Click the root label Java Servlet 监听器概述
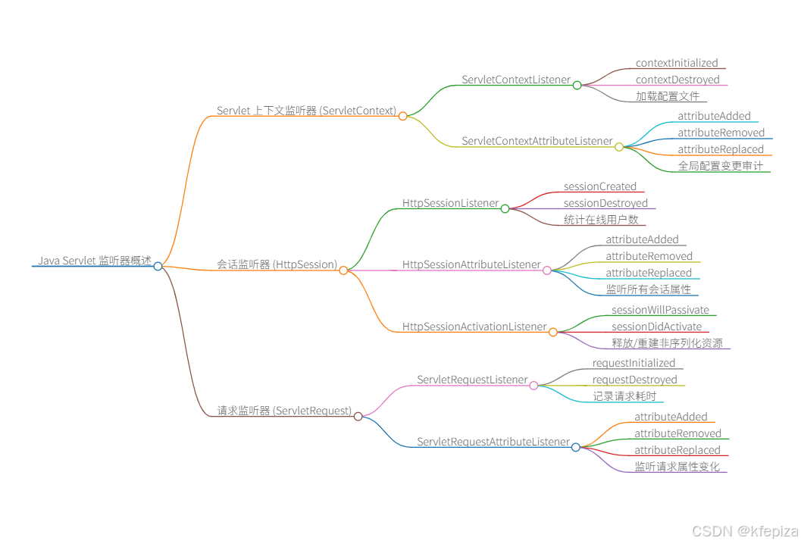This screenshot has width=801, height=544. coord(95,261)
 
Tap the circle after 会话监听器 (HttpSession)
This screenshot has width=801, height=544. coord(343,270)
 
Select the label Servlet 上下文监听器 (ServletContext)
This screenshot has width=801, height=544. coord(306,111)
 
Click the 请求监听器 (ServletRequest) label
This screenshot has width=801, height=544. coord(284,411)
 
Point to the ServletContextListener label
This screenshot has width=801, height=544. coord(516,80)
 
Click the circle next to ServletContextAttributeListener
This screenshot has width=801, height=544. coord(619,147)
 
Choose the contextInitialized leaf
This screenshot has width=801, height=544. coord(676,64)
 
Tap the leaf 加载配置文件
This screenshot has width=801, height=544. coord(668,97)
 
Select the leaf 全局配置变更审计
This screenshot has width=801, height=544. coord(720,166)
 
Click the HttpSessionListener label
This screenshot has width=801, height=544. coord(450,203)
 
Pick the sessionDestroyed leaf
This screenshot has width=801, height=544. coord(605,203)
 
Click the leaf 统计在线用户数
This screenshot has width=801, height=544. coord(601,220)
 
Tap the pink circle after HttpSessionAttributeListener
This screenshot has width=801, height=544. coord(547,270)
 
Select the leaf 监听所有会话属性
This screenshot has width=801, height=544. coord(648,289)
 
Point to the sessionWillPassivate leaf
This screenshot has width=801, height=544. coord(660,310)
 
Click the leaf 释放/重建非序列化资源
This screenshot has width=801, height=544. coord(667,343)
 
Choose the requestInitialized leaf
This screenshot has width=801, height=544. coord(634,363)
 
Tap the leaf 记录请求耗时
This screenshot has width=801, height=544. coord(624,396)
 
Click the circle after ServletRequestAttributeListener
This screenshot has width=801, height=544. coord(576,447)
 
